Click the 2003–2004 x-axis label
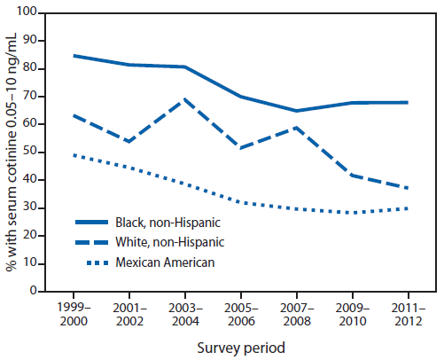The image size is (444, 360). tap(185, 312)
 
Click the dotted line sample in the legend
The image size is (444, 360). tap(102, 262)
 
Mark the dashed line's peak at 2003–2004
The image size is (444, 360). tap(185, 99)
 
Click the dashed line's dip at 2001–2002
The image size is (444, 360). tap(129, 142)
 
